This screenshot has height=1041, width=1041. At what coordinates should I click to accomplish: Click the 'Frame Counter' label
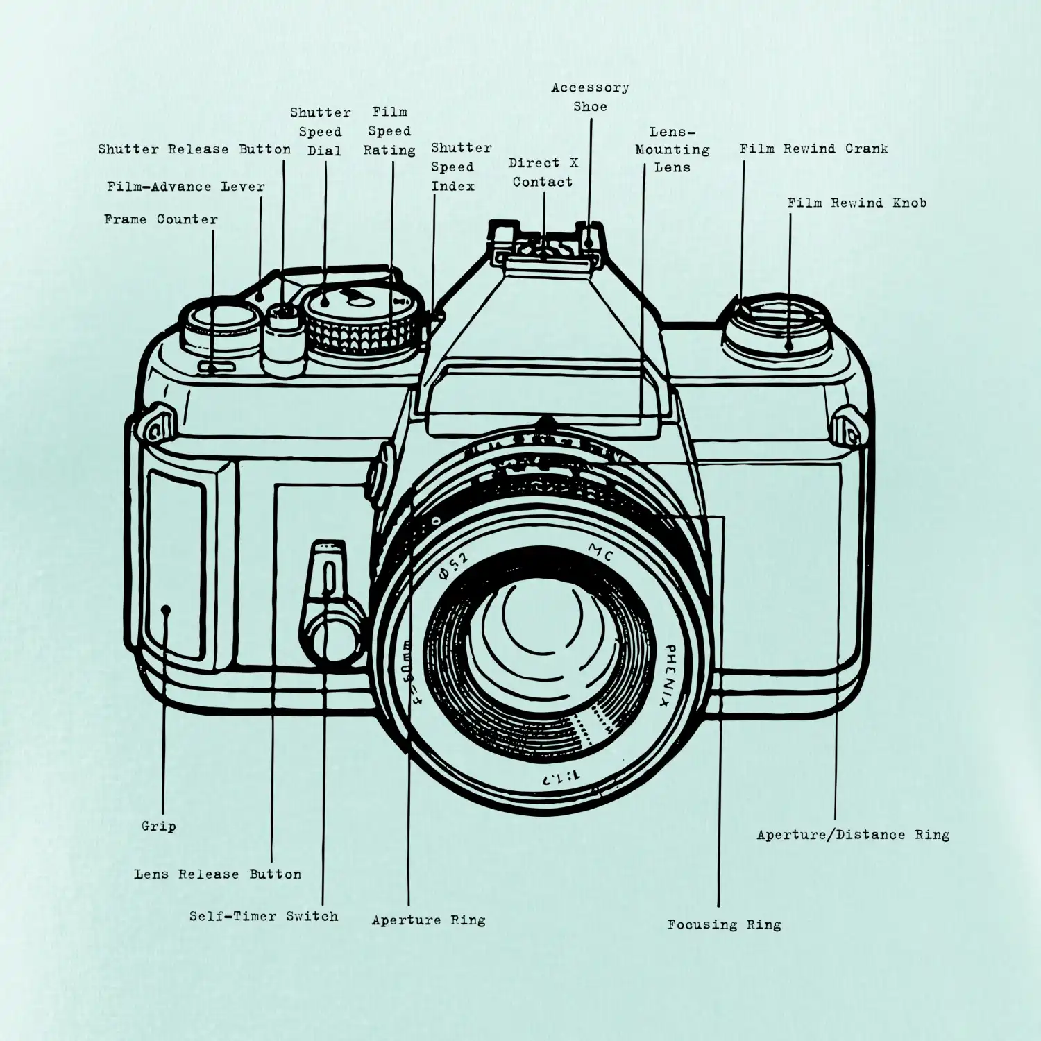(x=161, y=219)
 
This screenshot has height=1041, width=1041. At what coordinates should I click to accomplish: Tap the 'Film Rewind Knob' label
(x=856, y=203)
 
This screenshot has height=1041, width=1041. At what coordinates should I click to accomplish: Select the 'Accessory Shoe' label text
(x=590, y=97)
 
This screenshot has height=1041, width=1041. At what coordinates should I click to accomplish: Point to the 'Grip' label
(x=158, y=826)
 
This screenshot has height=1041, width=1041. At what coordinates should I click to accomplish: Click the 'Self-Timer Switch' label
(x=264, y=916)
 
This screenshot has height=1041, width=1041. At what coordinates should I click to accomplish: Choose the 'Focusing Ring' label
(x=724, y=924)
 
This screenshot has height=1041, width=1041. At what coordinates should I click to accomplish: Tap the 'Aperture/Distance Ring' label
(x=853, y=834)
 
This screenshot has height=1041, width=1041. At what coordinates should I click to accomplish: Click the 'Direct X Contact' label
(x=543, y=172)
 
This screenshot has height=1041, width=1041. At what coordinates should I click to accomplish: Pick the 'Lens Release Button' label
(x=217, y=874)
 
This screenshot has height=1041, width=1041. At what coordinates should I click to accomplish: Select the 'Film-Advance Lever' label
(x=186, y=186)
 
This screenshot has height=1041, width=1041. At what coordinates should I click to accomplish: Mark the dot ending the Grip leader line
(x=165, y=610)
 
